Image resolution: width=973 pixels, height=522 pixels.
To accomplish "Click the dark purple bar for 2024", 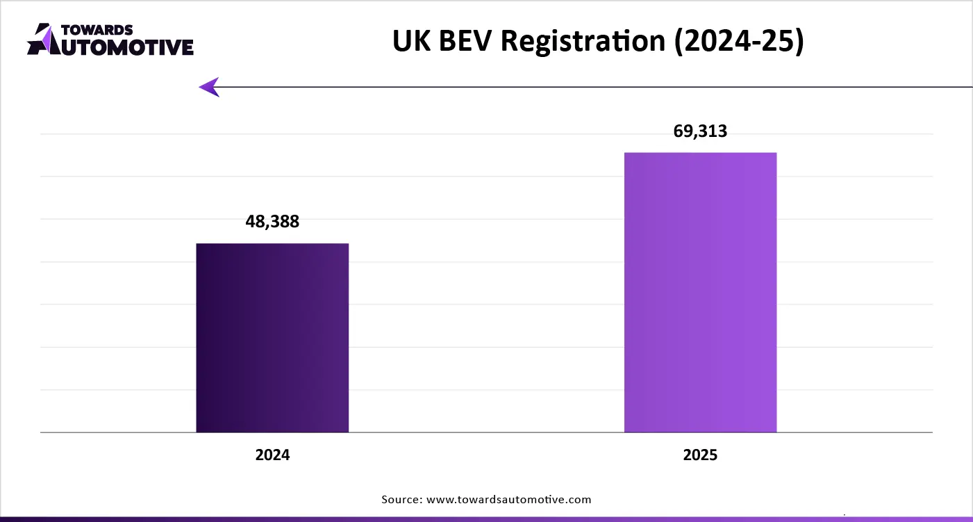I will coord(272,338).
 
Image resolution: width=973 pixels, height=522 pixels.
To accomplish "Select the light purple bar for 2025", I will coord(700,292).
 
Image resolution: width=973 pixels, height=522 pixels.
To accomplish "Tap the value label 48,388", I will coord(272,222).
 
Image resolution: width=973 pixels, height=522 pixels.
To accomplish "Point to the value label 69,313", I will coord(700,131).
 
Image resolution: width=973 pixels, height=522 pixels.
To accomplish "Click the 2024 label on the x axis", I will coord(272,456).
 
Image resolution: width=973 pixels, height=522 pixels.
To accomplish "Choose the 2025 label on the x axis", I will coord(700,456).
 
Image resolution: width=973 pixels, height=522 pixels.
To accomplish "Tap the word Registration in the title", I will coord(583,42).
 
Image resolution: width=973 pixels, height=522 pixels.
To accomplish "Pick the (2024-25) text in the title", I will coord(738,42).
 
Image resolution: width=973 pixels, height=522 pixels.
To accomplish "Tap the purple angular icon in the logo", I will coord(40,39).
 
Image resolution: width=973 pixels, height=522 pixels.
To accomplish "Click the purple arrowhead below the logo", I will coord(209,87).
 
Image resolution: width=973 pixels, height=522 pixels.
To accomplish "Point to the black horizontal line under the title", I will coord(590,87).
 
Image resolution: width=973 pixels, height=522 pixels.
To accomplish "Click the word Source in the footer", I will coord(401,499).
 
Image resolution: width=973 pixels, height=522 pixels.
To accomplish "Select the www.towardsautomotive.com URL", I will coord(509,499).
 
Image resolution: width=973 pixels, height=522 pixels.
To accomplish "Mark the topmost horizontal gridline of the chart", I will coord(486,134).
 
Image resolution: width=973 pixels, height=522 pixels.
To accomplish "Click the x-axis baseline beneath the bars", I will coord(486,432).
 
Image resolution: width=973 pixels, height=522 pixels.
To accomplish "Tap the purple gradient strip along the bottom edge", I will coord(486,519).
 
